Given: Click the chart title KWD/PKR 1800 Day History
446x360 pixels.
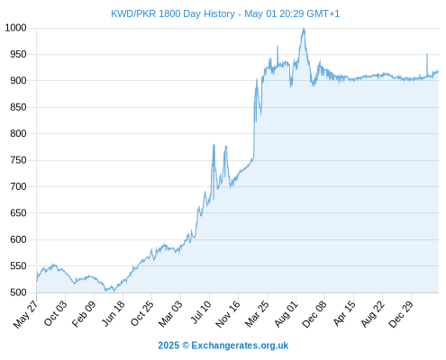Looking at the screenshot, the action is [x=173, y=13].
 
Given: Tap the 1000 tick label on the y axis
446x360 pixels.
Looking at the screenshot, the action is [x=16, y=28].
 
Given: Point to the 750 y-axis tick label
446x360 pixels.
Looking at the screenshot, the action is [x=18, y=160].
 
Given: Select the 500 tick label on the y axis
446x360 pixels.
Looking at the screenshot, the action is [x=18, y=292].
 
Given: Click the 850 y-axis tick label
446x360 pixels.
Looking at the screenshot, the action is [x=18, y=107].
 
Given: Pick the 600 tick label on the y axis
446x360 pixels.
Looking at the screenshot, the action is [x=18, y=239].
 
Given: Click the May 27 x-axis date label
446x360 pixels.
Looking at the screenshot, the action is [x=26, y=314].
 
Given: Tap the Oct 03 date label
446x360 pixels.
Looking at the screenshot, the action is [x=56, y=313].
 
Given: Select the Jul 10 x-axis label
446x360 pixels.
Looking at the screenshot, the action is [x=201, y=312].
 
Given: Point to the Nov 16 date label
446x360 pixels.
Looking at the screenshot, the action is [x=228, y=314].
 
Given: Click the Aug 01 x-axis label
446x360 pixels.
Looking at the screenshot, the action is [x=287, y=314].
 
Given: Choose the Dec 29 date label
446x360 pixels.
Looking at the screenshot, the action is [x=401, y=314].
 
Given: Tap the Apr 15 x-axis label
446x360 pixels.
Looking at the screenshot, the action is [x=344, y=313].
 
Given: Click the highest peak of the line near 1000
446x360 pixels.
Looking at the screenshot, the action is [x=304, y=29].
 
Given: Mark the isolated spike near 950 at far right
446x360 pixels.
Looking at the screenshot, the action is [x=427, y=54].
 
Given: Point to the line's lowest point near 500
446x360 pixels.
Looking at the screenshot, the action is [x=114, y=291].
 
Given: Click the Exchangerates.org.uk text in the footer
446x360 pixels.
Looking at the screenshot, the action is [x=240, y=346].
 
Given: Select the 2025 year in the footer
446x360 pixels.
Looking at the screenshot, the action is [x=168, y=346].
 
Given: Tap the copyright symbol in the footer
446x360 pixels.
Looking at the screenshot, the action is [x=186, y=346].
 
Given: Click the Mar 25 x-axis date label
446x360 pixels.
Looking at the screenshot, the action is [x=257, y=314].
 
